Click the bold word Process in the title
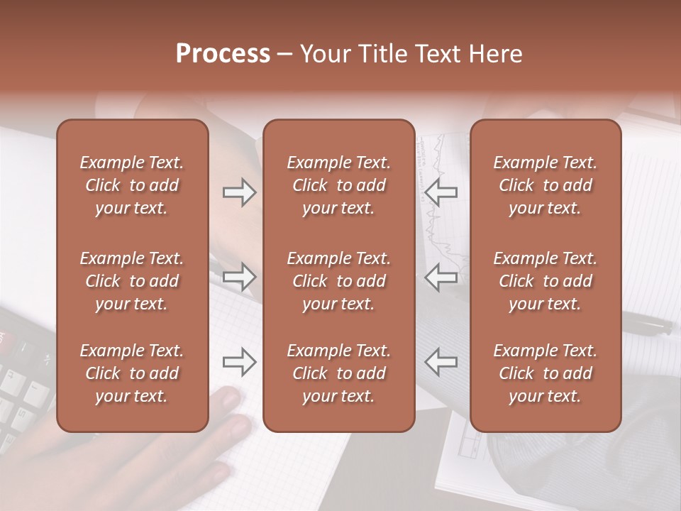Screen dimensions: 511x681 [x=223, y=54]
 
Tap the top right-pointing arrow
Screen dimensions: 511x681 [x=239, y=192]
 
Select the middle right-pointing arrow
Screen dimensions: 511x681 [x=239, y=277]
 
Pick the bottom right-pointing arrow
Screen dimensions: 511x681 [x=239, y=362]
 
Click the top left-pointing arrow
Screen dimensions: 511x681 [x=441, y=192]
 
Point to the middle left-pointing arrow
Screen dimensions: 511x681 [x=441, y=277]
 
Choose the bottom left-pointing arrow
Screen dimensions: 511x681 [x=441, y=362]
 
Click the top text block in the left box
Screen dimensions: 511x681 [x=132, y=185]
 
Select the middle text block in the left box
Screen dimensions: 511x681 [x=132, y=281]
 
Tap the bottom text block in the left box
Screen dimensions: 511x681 [x=132, y=373]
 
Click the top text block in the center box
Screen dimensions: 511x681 [x=338, y=185]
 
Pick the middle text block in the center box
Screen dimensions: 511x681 [x=338, y=281]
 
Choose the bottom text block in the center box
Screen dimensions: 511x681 [x=338, y=373]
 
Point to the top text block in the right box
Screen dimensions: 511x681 [x=545, y=185]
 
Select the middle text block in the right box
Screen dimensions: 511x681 [x=545, y=281]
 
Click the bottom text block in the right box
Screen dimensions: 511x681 [x=545, y=373]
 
